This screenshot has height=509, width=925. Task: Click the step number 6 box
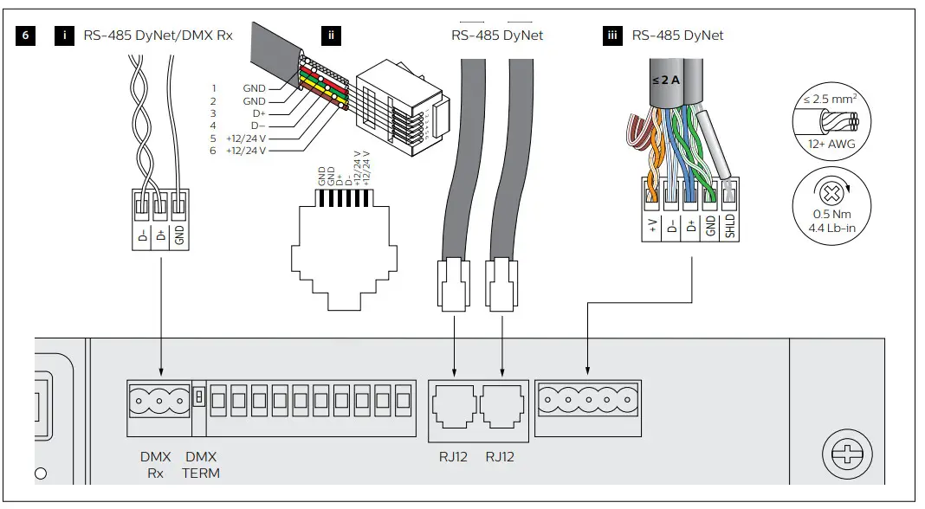coord(25,35)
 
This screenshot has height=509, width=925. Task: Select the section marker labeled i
coord(64,35)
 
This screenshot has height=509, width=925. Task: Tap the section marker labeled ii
coord(331,35)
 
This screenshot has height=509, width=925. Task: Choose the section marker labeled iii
coord(613,35)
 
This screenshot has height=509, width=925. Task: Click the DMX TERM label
coord(201,465)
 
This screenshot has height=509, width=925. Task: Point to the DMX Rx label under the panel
coord(154,465)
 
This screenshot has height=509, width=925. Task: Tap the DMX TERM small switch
coord(198,396)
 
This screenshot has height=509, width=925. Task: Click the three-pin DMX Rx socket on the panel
coord(158,401)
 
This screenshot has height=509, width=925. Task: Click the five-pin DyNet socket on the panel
coord(587,401)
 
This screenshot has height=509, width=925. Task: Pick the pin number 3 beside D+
coord(213,113)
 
